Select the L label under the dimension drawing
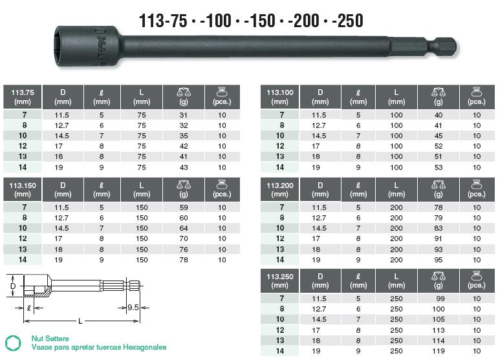pyautogui.click(x=80, y=321)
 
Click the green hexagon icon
pyautogui.click(x=12, y=343)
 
